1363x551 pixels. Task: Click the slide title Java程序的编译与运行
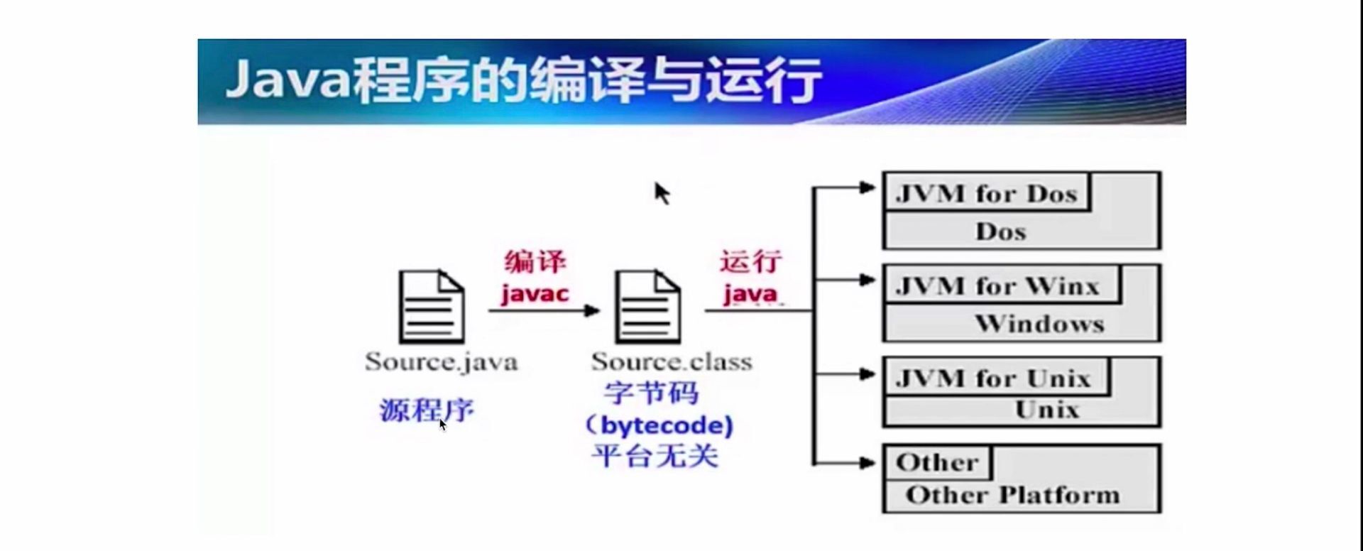coord(523,80)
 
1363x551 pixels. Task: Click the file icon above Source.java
coord(432,307)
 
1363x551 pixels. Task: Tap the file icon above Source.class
coord(647,307)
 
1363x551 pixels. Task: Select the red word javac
coord(535,293)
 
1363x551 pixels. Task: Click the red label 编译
coord(535,262)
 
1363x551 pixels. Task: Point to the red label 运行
coord(750,262)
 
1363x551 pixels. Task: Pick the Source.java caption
coord(441,361)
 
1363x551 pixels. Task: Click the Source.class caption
coord(671,361)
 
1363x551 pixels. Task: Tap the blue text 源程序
coord(426,410)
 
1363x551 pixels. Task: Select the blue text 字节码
coord(651,393)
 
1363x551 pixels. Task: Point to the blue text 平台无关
coord(655,455)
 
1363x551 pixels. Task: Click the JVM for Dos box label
coord(986,194)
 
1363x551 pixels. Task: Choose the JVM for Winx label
coord(997,286)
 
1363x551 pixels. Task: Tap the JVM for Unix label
coord(992,378)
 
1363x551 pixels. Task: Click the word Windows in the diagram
coord(1039,324)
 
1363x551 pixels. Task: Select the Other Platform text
coord(1012,495)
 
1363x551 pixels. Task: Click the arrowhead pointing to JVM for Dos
coord(867,187)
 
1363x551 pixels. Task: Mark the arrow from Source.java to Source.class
coord(544,310)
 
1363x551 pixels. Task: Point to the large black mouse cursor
coord(662,192)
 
